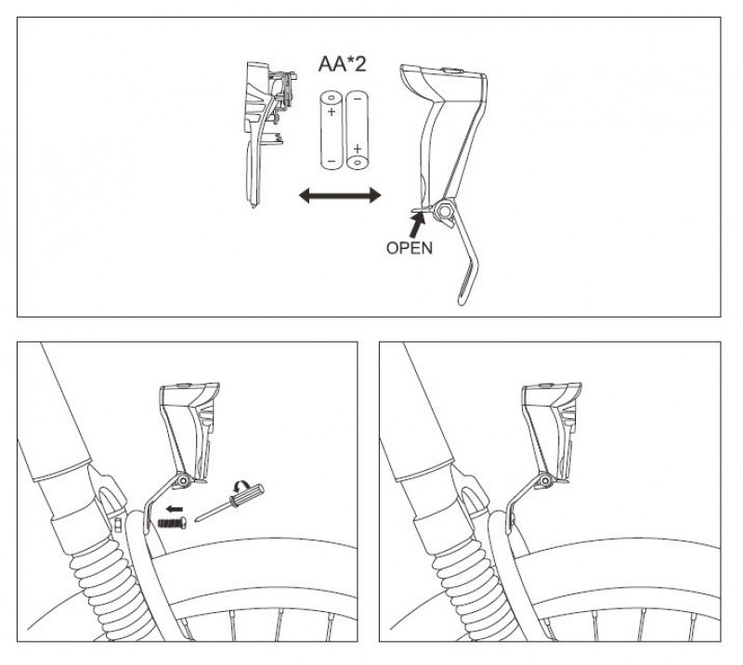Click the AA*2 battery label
pos(342,64)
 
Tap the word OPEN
pos(410,248)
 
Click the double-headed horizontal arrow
pos(340,195)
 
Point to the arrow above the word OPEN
pos(417,224)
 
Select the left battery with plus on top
pos(332,129)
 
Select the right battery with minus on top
pos(358,129)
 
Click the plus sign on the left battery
pos(332,112)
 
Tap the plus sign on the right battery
pos(358,149)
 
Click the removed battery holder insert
pos(267,134)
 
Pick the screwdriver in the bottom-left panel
pos(229,502)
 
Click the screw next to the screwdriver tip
pos(173,522)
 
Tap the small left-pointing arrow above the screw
pos(175,509)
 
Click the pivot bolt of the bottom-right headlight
pos(545,482)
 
